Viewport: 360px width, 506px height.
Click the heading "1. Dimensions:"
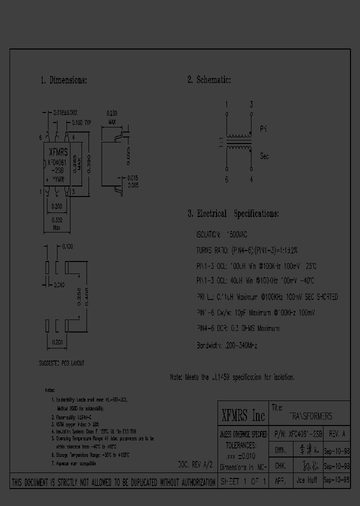[63, 80]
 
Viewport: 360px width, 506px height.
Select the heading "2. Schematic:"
[209, 80]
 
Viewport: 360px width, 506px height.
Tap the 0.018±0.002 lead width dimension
[65, 113]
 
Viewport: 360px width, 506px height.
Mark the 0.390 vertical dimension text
[89, 161]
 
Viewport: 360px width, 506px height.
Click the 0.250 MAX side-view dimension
[112, 116]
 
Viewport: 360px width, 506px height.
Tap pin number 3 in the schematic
[251, 104]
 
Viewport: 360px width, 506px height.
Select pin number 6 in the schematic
[226, 179]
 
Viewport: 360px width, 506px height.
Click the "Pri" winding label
[263, 129]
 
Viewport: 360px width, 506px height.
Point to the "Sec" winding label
[264, 156]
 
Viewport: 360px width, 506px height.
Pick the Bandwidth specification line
[226, 345]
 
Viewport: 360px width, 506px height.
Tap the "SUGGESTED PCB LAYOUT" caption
[61, 363]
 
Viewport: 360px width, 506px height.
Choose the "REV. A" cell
[337, 434]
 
